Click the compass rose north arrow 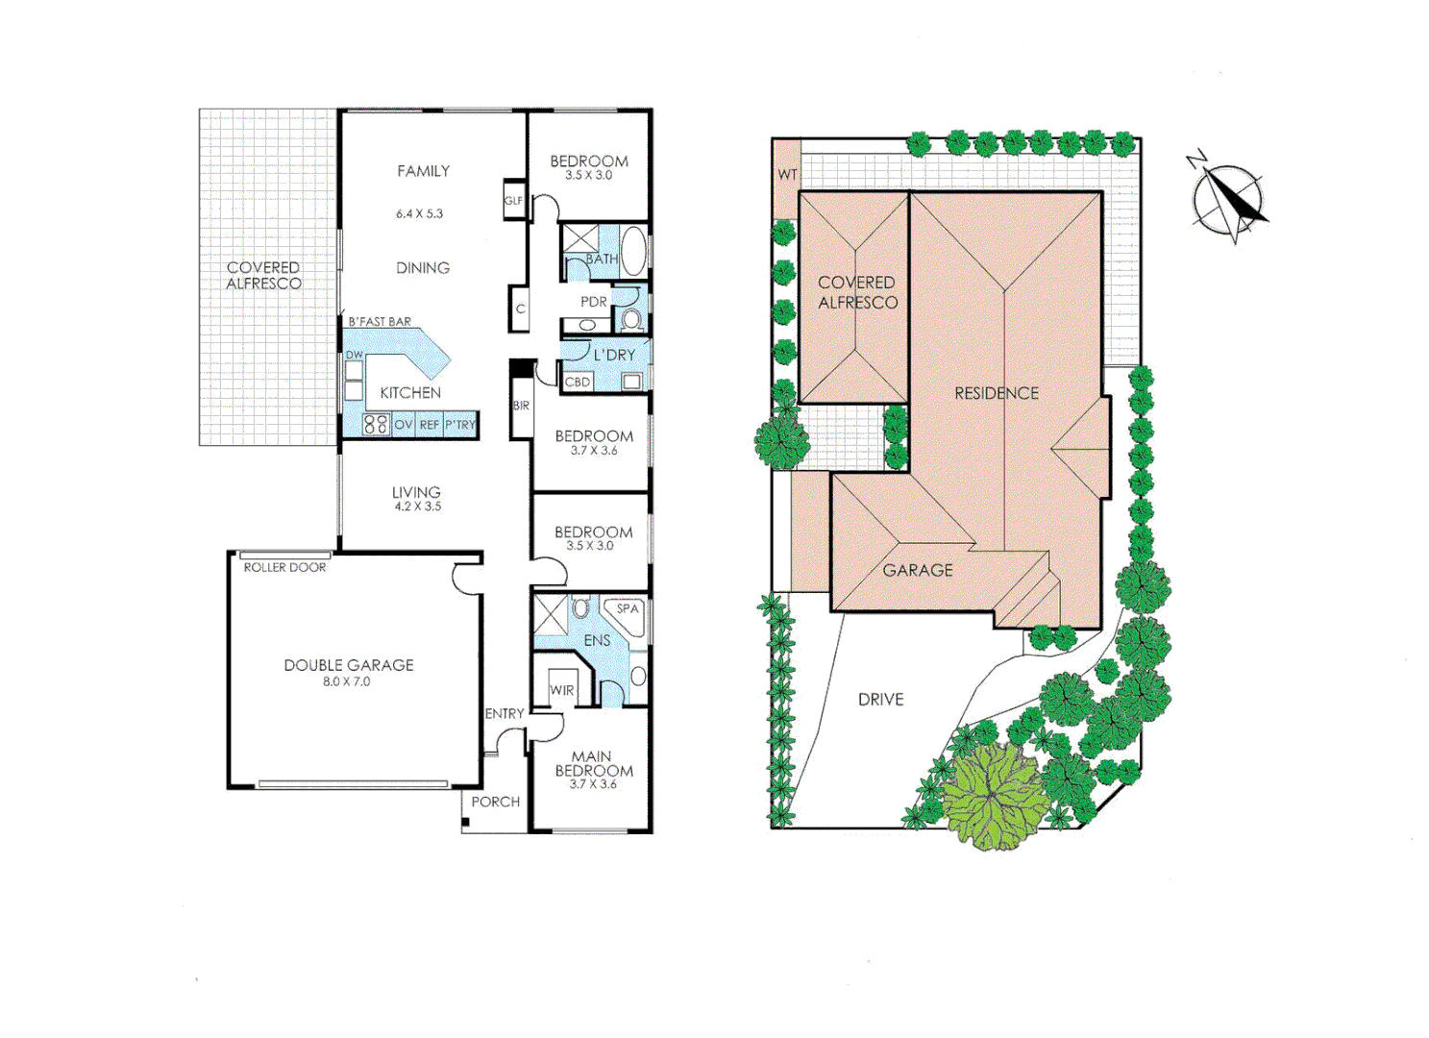[x=1227, y=200]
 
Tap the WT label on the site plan [x=787, y=175]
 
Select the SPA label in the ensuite [x=628, y=608]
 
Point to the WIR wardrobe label [x=562, y=690]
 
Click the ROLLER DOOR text [x=284, y=567]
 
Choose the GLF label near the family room [x=514, y=201]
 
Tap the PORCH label [x=495, y=802]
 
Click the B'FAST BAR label [x=380, y=321]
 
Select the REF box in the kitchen [x=429, y=425]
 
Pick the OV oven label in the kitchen [x=404, y=425]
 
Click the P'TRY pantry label [x=460, y=425]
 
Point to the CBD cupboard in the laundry [x=578, y=382]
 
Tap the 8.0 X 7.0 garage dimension [x=346, y=681]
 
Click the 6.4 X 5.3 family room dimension [x=419, y=213]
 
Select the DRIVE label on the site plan [x=880, y=700]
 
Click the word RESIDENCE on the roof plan [x=997, y=393]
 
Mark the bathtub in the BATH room [x=633, y=252]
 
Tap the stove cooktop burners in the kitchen [x=376, y=424]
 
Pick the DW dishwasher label [x=354, y=355]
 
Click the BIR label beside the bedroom [x=521, y=406]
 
